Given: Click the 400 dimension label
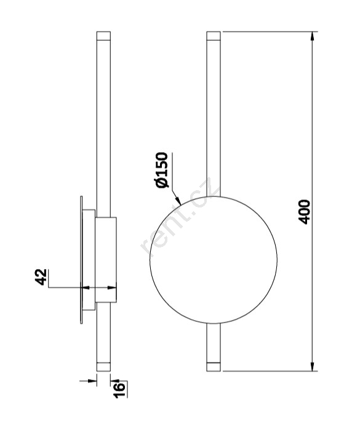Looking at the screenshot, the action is pos(305,212).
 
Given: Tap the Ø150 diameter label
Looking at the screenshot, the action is pos(162,170).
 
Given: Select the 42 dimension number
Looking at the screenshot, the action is pos(41,277).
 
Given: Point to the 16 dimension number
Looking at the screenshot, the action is pos(119,390).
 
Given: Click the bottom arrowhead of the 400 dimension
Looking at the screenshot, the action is pos(313,366).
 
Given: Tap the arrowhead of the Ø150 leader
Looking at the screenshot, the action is pos(178,201).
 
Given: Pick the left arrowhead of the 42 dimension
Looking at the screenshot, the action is pos(86,288).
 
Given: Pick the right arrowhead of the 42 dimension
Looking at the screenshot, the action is pos(112,288).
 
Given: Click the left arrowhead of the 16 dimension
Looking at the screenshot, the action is pos(92,381).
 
